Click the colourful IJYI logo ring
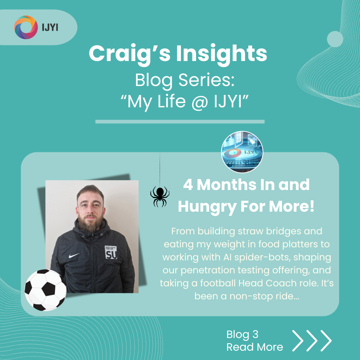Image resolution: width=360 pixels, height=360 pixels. [26, 27]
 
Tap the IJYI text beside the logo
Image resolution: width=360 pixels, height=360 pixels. [50, 28]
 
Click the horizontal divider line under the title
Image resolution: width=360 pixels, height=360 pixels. [180, 122]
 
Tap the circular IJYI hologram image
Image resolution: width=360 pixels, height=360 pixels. [242, 152]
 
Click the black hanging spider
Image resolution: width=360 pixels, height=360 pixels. [160, 196]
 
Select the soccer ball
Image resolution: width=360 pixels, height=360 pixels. [46, 290]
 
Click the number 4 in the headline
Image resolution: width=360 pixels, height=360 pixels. [188, 185]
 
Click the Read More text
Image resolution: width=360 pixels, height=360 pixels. [255, 347]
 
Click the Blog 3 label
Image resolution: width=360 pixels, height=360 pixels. [242, 334]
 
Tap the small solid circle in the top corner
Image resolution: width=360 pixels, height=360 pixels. [335, 39]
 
